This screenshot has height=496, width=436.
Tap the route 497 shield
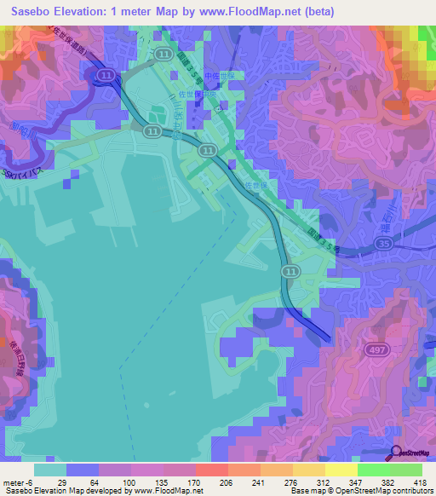[x=376, y=349]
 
